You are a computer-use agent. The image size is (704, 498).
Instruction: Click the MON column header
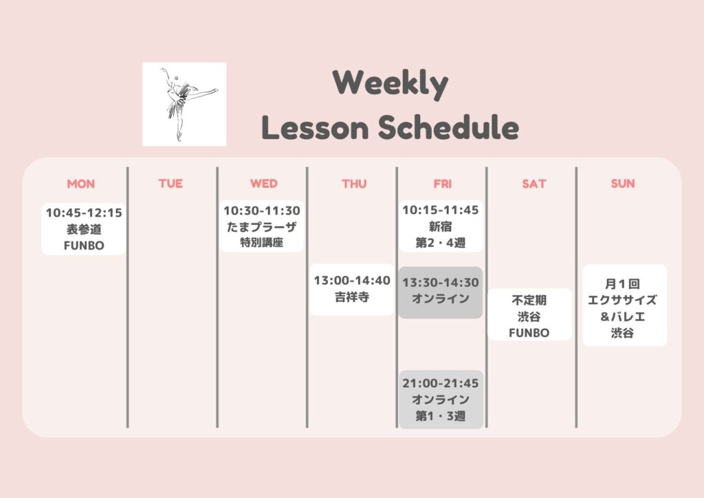[x=81, y=184]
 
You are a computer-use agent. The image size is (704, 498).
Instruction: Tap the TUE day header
[x=170, y=183]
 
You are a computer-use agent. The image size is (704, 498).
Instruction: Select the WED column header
[x=263, y=183]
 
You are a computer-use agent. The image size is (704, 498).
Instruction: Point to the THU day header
[x=354, y=184]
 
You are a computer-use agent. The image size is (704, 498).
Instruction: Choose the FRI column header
[x=442, y=184]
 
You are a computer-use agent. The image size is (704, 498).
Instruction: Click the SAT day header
[x=533, y=184]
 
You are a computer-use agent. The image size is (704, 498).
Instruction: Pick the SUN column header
[x=623, y=183]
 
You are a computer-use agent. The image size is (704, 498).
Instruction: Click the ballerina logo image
[x=184, y=104]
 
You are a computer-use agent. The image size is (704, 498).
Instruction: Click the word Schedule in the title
[x=448, y=127]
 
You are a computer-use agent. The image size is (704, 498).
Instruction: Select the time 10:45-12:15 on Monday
[x=84, y=213]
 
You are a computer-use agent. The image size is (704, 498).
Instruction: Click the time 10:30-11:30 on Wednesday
[x=262, y=210]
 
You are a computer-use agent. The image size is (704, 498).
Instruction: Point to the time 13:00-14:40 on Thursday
[x=352, y=280]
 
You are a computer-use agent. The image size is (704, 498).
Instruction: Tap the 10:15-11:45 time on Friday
[x=441, y=210]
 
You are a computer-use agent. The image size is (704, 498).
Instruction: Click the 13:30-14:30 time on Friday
[x=441, y=283]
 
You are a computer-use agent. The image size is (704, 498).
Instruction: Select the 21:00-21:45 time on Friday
[x=441, y=383]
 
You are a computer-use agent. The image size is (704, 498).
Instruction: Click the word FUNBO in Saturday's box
[x=529, y=333]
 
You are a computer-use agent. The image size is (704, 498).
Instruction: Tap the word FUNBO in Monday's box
[x=84, y=246]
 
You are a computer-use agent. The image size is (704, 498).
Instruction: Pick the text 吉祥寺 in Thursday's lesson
[x=352, y=297]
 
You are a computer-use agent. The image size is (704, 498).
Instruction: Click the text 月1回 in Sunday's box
[x=622, y=284]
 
